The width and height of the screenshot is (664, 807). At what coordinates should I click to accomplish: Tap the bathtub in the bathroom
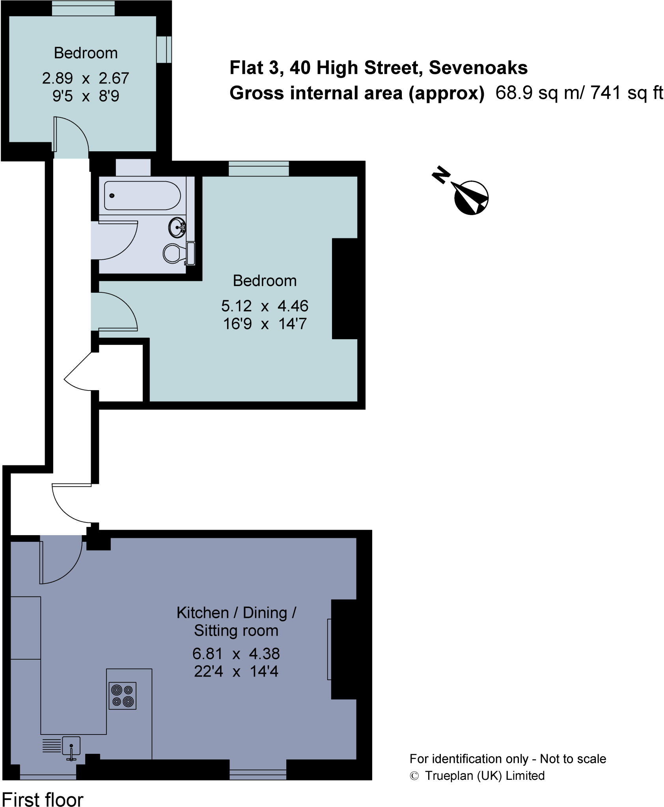(x=142, y=195)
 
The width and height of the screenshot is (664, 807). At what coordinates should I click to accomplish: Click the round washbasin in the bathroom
(x=177, y=227)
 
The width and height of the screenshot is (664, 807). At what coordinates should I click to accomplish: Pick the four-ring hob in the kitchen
(x=122, y=696)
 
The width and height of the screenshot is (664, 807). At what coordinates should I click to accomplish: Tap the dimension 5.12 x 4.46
(x=265, y=306)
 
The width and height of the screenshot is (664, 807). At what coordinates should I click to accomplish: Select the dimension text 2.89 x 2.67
(x=86, y=78)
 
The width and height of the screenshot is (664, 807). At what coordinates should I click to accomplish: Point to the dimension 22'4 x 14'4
(x=236, y=671)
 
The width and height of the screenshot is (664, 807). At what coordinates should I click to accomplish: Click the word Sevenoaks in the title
(x=478, y=68)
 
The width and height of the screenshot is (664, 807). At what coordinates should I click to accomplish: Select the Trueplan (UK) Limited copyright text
(x=484, y=775)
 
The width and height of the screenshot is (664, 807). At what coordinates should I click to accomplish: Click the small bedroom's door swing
(x=71, y=134)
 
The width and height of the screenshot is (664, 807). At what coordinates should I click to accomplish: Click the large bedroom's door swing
(x=116, y=311)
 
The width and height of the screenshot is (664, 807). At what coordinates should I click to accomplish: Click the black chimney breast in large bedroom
(x=344, y=288)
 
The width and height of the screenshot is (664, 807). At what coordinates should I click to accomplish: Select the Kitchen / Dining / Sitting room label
(x=236, y=621)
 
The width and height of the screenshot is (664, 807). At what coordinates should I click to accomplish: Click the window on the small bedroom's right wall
(x=164, y=49)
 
